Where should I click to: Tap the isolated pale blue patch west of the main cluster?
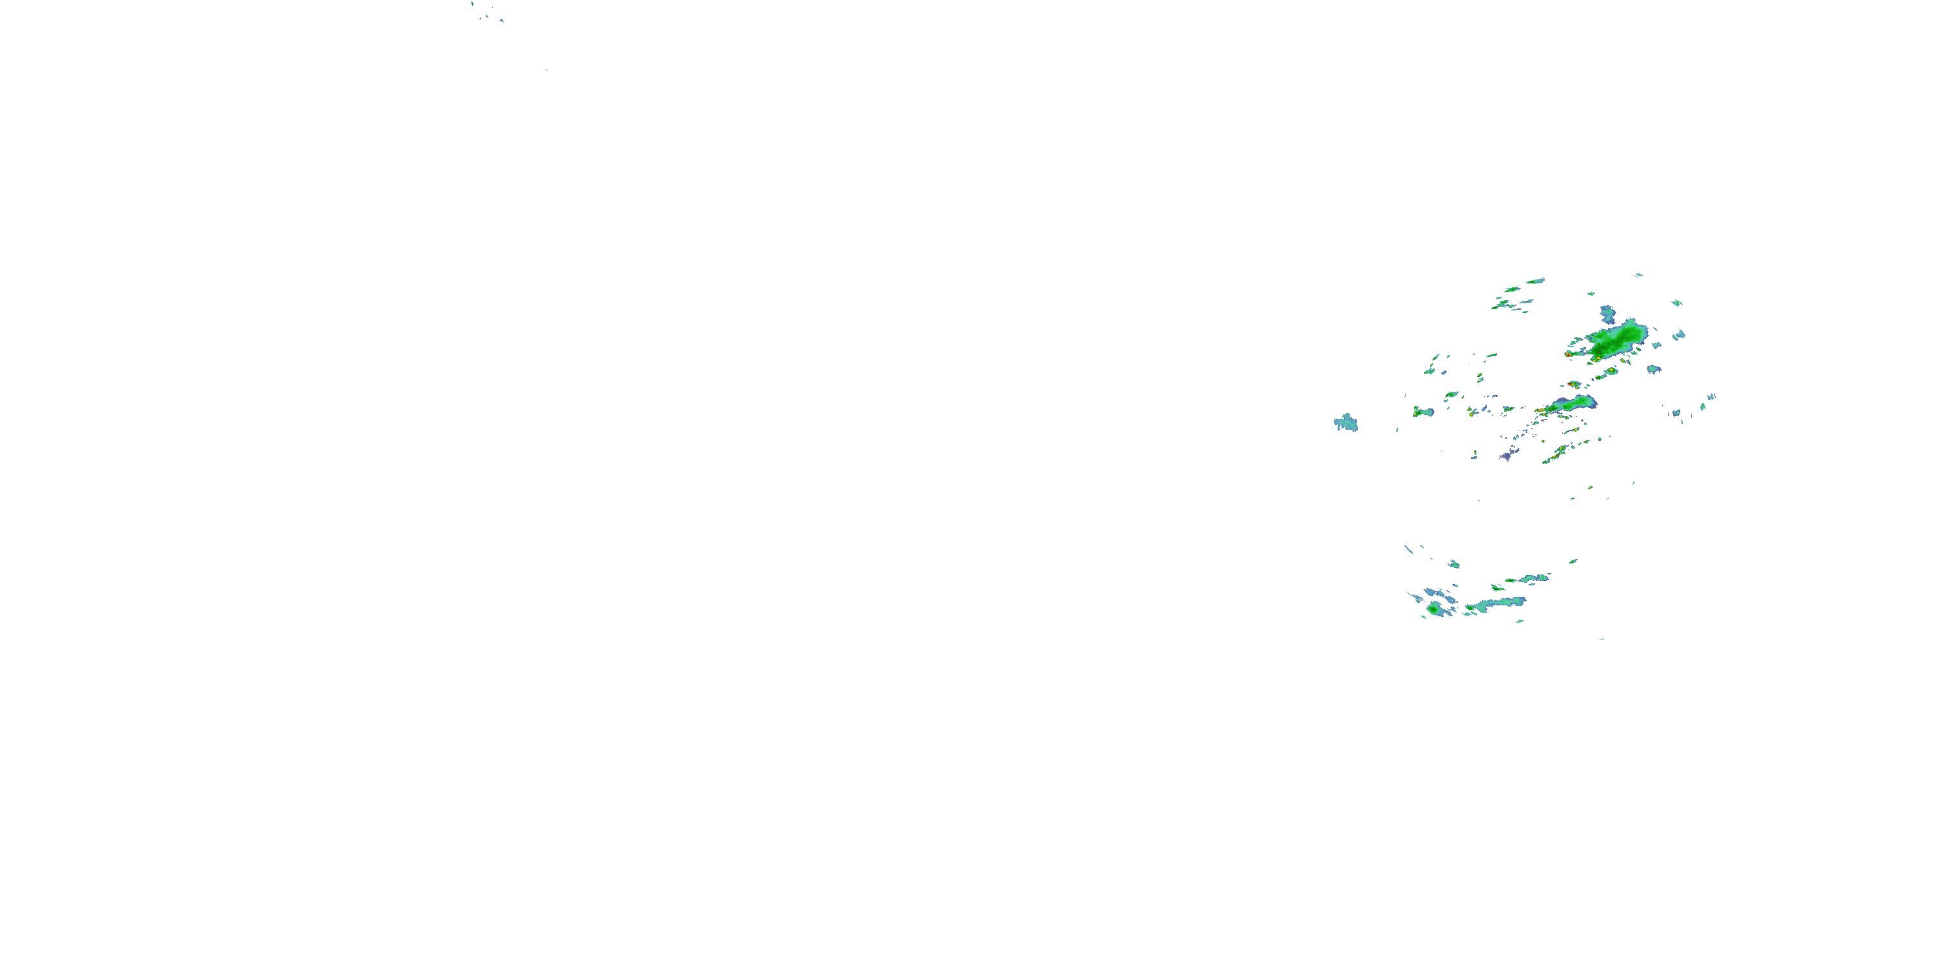tap(1345, 423)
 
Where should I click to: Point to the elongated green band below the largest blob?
tap(1574, 405)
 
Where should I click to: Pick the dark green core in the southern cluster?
tap(1434, 609)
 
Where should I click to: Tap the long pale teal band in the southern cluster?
tap(1495, 603)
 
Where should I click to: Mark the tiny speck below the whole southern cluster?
tap(1602, 639)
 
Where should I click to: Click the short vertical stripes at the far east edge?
tap(1711, 397)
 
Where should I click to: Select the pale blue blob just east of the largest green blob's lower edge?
tap(1652, 369)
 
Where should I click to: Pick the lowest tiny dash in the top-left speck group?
tap(546, 70)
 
